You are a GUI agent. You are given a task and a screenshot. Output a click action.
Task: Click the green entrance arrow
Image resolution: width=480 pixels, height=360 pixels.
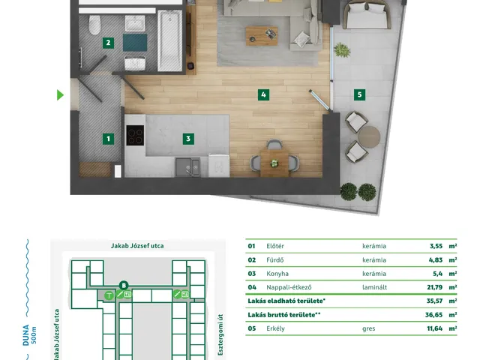(x=60, y=95)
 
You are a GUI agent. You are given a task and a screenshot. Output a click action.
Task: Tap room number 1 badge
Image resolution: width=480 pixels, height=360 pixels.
(x=108, y=139)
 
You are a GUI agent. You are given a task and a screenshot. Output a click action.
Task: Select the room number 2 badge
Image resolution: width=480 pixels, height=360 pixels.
(x=108, y=43)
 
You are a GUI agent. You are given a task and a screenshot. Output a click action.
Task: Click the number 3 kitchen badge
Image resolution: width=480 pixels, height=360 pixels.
(x=188, y=139)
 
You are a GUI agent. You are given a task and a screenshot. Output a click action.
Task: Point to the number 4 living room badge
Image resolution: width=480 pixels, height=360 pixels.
(x=263, y=95)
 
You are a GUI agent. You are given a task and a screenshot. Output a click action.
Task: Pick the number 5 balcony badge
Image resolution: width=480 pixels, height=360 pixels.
(x=360, y=95)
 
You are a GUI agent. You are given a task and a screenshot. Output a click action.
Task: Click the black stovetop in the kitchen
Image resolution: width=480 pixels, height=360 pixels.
(x=135, y=135)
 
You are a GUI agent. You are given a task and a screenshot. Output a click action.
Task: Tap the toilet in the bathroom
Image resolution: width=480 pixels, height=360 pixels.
(x=94, y=25)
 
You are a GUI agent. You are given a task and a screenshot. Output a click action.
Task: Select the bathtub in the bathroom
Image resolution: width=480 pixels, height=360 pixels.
(x=170, y=40)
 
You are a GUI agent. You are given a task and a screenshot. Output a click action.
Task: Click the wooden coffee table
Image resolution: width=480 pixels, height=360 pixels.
(x=262, y=36)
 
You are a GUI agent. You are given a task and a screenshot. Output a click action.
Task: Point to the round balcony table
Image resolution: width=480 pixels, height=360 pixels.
(x=369, y=137)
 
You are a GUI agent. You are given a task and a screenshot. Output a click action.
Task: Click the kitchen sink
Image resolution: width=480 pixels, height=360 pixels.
(x=187, y=167)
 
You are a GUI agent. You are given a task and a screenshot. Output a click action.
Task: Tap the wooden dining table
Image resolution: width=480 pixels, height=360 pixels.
(x=274, y=163)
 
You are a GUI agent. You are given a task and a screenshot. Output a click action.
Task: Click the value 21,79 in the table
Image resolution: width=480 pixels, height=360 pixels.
(x=435, y=287)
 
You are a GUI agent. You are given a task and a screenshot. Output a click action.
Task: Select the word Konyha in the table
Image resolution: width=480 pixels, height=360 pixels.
(x=277, y=274)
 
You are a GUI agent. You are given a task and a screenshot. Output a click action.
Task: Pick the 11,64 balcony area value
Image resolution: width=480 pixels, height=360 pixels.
(x=435, y=328)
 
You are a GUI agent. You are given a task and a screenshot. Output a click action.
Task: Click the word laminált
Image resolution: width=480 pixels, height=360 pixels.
(x=375, y=287)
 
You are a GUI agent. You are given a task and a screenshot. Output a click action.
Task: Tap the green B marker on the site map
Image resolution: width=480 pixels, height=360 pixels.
(x=124, y=286)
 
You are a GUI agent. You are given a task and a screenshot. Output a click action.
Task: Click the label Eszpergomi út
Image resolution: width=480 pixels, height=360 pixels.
(x=220, y=335)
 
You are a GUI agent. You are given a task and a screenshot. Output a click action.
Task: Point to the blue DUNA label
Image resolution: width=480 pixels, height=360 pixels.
(x=26, y=335)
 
